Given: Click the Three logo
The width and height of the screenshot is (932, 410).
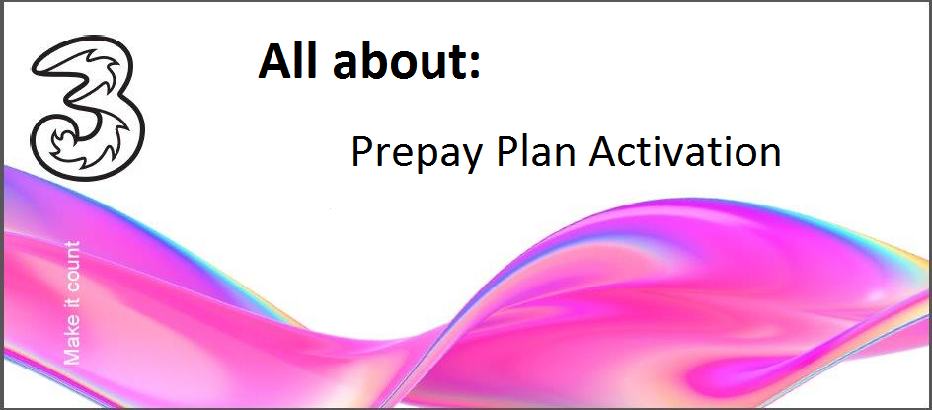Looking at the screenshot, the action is pyautogui.click(x=87, y=107).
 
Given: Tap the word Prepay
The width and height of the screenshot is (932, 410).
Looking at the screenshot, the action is pyautogui.click(x=415, y=153).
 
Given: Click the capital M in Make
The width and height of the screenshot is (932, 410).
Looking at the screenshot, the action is pyautogui.click(x=71, y=356).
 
